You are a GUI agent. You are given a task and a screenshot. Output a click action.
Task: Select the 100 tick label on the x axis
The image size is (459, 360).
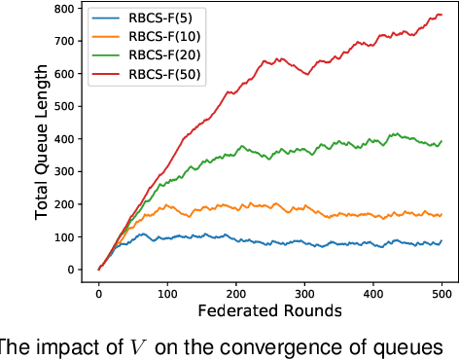[167, 291]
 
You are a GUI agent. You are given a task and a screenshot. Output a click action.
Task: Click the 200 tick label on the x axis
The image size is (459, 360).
[236, 291]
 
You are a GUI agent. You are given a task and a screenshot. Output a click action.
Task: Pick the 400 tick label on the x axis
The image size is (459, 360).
[373, 291]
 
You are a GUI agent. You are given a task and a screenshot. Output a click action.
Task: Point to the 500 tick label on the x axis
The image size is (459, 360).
[441, 291]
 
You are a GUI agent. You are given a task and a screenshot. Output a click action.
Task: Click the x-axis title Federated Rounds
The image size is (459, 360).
[270, 311]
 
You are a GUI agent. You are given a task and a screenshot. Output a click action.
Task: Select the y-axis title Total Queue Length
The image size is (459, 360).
[42, 138]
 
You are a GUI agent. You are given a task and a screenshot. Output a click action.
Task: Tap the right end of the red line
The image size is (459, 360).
[441, 15]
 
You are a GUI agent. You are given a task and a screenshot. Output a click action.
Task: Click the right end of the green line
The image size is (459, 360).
[441, 141]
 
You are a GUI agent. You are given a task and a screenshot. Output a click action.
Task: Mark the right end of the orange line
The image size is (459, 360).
[441, 215]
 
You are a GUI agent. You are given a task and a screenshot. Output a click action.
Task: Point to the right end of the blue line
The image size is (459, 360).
[441, 240]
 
